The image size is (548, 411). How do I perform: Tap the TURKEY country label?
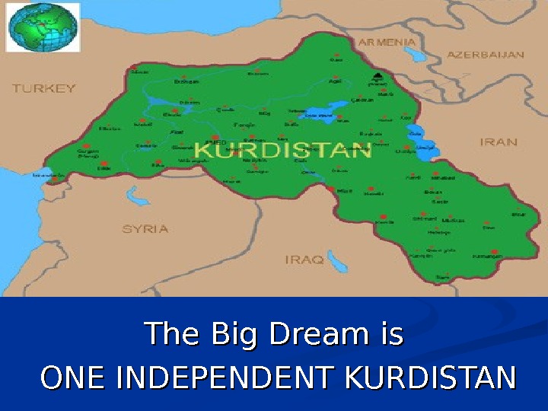tap(44, 88)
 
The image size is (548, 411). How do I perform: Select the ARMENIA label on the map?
tap(387, 42)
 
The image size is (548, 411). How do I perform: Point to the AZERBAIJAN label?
tap(485, 55)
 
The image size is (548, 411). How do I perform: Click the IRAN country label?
tap(499, 142)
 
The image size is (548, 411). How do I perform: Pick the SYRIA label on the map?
tap(145, 228)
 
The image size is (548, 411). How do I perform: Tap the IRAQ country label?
tap(304, 260)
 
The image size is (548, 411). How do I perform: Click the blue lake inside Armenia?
tap(415, 56)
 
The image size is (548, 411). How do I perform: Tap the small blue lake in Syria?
tap(137, 196)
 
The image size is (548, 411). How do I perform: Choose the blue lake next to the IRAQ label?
tap(336, 261)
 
